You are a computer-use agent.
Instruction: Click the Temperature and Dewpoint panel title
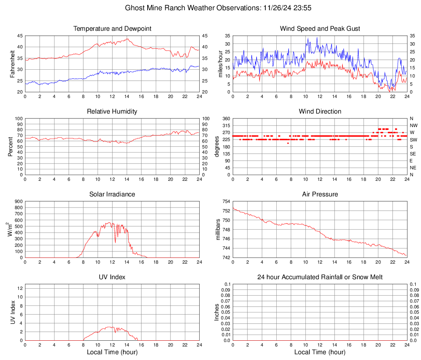112,29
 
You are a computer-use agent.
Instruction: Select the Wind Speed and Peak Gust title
320,29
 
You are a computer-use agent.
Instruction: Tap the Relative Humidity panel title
112,112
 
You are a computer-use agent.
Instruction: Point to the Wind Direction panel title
320,112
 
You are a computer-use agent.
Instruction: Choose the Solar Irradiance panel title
112,194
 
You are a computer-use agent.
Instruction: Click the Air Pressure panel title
320,194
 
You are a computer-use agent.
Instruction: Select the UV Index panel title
112,277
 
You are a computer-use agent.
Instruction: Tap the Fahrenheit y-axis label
12,64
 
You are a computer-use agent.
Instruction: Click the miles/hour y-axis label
220,64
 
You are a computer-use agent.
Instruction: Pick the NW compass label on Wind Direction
413,125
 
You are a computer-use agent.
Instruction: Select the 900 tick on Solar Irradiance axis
18,202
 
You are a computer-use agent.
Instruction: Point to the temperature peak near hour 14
127,39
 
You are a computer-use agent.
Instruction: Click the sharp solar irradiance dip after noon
115,242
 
